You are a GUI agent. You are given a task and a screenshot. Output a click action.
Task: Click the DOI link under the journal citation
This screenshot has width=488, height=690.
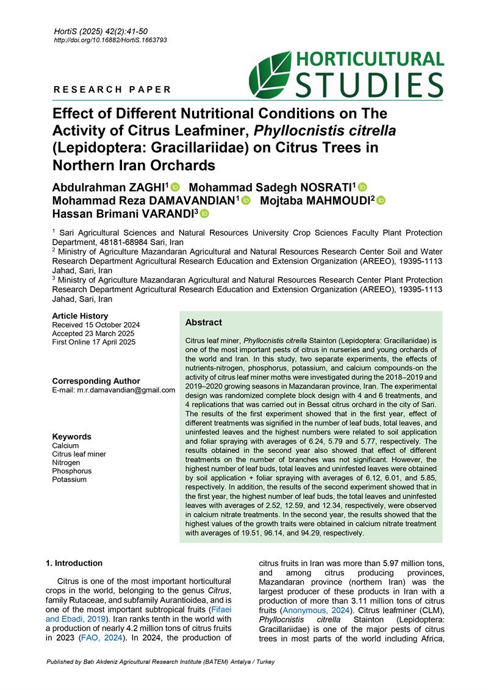(x=110, y=40)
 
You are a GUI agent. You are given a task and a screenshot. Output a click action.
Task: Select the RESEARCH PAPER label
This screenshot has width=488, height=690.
(x=113, y=90)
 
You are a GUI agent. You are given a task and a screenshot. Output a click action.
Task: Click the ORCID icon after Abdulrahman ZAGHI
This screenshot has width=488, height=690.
(x=176, y=187)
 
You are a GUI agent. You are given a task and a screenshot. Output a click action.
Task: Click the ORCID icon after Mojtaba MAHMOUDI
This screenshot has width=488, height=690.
(x=381, y=200)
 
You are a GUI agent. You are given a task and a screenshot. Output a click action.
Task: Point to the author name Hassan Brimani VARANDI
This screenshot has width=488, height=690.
(x=123, y=213)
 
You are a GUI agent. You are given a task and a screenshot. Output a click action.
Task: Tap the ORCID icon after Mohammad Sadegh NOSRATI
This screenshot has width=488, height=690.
(x=362, y=187)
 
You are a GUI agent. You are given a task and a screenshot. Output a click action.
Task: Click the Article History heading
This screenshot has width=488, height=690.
(x=80, y=316)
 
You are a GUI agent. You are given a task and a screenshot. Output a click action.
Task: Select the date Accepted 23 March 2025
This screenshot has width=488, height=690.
(x=93, y=334)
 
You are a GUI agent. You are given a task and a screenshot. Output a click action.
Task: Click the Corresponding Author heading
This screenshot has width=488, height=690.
(x=96, y=381)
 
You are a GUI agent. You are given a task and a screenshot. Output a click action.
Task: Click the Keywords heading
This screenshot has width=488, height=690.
(x=72, y=437)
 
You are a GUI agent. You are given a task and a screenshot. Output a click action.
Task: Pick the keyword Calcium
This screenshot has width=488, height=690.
(x=65, y=446)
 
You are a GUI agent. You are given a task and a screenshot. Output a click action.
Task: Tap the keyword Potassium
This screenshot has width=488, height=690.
(x=70, y=480)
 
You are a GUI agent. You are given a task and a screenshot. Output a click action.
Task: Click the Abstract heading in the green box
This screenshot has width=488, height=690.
(x=204, y=323)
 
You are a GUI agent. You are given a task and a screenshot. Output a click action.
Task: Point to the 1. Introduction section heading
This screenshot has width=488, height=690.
(x=74, y=563)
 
